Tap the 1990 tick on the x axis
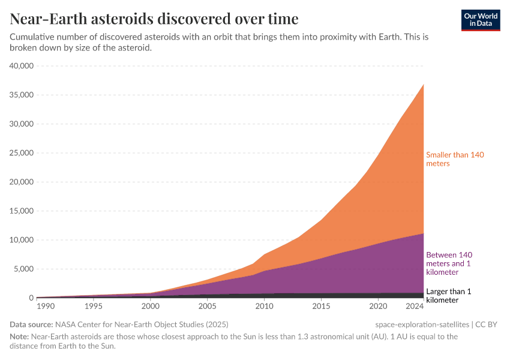pyautogui.click(x=45, y=307)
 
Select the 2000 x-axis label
pyautogui.click(x=150, y=307)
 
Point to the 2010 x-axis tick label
pyautogui.click(x=264, y=307)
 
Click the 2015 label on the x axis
pyautogui.click(x=321, y=307)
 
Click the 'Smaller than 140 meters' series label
pyautogui.click(x=455, y=159)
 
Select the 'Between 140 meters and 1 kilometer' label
pyautogui.click(x=449, y=263)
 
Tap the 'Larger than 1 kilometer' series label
pyautogui.click(x=449, y=296)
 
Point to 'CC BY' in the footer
pyautogui.click(x=487, y=325)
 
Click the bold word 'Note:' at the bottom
pyautogui.click(x=20, y=337)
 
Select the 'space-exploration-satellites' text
pyautogui.click(x=422, y=325)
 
